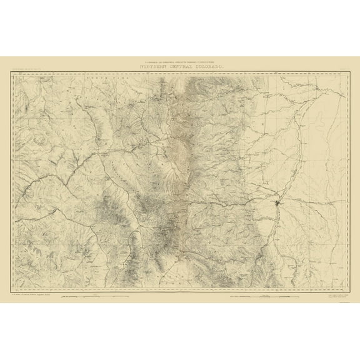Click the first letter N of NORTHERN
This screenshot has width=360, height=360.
click(134, 67)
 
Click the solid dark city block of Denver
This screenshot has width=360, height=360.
click(276, 203)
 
